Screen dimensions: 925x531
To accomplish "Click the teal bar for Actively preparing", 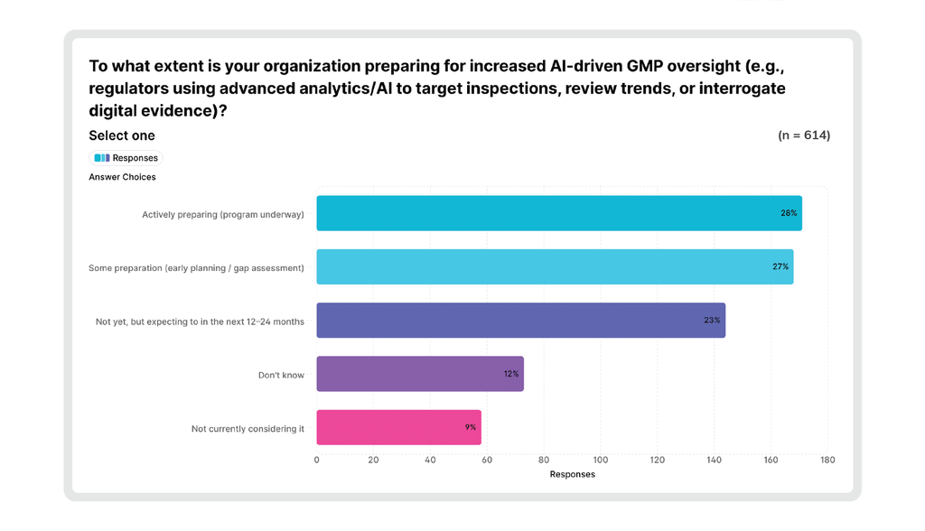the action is point(559,213).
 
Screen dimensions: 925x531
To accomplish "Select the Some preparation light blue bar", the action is point(556,266).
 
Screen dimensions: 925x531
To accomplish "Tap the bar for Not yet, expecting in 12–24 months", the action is point(521,321).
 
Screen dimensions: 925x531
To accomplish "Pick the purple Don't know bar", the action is point(420,374).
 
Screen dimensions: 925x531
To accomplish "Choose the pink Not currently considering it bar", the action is point(398,427).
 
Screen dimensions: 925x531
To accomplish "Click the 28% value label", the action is point(789,213).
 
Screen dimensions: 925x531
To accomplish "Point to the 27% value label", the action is point(780,266).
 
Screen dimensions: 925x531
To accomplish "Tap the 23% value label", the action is point(712,321).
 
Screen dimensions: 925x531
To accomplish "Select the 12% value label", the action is point(511,374).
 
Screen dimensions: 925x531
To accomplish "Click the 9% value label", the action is point(470,427).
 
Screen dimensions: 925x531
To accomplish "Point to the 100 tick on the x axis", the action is point(601,461).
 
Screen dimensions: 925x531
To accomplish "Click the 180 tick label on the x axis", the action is point(827,461).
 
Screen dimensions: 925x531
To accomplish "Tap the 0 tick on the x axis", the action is point(317,461).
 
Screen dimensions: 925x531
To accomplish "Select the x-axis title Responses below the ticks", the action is point(572,474).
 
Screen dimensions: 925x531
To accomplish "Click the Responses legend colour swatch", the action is point(102,158).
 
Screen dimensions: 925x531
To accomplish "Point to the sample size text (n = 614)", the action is point(804,135).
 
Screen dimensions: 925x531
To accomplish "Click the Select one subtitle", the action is point(122,135).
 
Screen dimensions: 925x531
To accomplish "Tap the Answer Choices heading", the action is point(122,177).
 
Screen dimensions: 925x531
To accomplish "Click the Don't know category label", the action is point(281,376).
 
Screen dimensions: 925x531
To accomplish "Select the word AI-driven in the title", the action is point(585,66).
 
